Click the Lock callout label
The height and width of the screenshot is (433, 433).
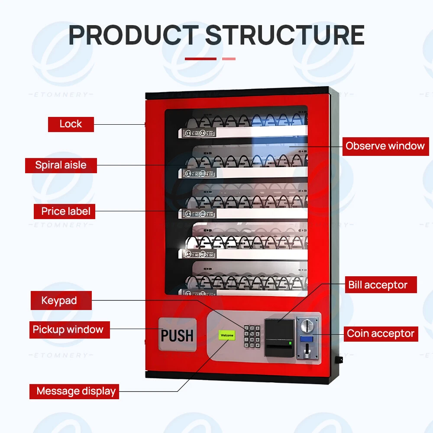pyautogui.click(x=71, y=124)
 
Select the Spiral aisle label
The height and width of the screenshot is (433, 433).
pyautogui.click(x=61, y=165)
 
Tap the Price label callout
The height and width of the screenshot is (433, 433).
pyautogui.click(x=65, y=212)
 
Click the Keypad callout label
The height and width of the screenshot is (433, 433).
pyautogui.click(x=59, y=301)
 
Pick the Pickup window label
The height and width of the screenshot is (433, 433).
pyautogui.click(x=68, y=330)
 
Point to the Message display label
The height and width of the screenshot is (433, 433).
pyautogui.click(x=76, y=391)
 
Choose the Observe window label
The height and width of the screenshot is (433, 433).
pyautogui.click(x=385, y=146)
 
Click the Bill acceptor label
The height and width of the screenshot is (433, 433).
pyautogui.click(x=378, y=285)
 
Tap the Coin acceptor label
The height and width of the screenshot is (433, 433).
pyautogui.click(x=381, y=333)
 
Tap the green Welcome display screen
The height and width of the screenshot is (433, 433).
pyautogui.click(x=227, y=335)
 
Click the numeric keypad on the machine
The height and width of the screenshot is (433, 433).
pyautogui.click(x=252, y=336)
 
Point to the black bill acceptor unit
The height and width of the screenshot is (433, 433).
pyautogui.click(x=279, y=337)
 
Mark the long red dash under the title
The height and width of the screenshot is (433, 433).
pyautogui.click(x=200, y=58)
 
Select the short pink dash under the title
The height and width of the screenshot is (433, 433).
pyautogui.click(x=229, y=58)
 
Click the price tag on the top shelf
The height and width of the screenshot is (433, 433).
pyautogui.click(x=198, y=133)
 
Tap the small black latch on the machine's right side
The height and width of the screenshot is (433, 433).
pyautogui.click(x=339, y=359)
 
